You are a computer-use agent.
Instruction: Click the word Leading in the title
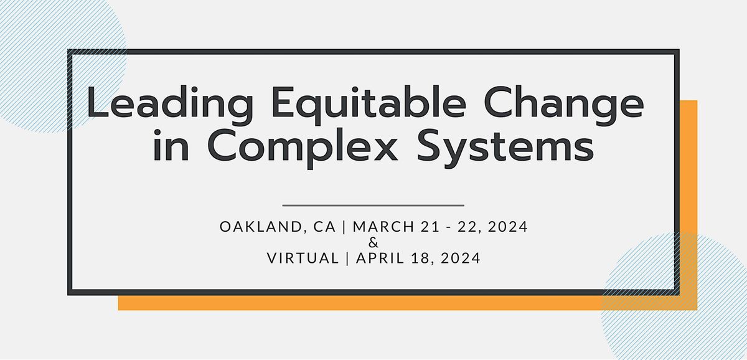170,105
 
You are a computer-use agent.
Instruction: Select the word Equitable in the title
369,105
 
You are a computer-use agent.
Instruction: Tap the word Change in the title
564,105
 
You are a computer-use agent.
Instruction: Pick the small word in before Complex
171,146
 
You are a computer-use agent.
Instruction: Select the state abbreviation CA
324,227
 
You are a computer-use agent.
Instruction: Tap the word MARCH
383,227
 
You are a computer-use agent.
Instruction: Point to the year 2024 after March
508,227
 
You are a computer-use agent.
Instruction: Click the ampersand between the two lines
374,242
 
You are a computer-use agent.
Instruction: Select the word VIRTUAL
303,258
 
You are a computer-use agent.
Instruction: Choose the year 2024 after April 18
461,258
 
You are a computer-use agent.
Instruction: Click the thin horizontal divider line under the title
373,206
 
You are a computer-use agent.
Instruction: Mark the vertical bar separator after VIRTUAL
347,258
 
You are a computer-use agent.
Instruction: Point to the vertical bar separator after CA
344,227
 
